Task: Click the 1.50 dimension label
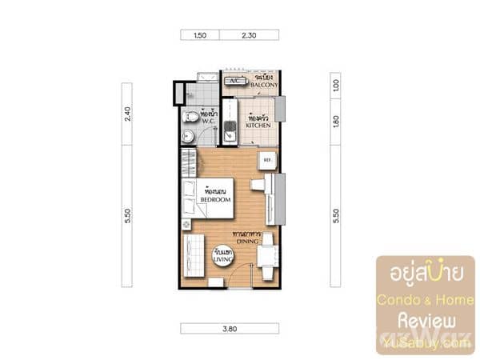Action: click(x=199, y=35)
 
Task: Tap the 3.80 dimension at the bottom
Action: click(x=229, y=328)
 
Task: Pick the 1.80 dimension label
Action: click(x=336, y=121)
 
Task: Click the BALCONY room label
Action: click(x=263, y=82)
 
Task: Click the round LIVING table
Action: click(x=222, y=257)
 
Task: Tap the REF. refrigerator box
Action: click(x=267, y=160)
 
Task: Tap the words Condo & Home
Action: click(x=426, y=300)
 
